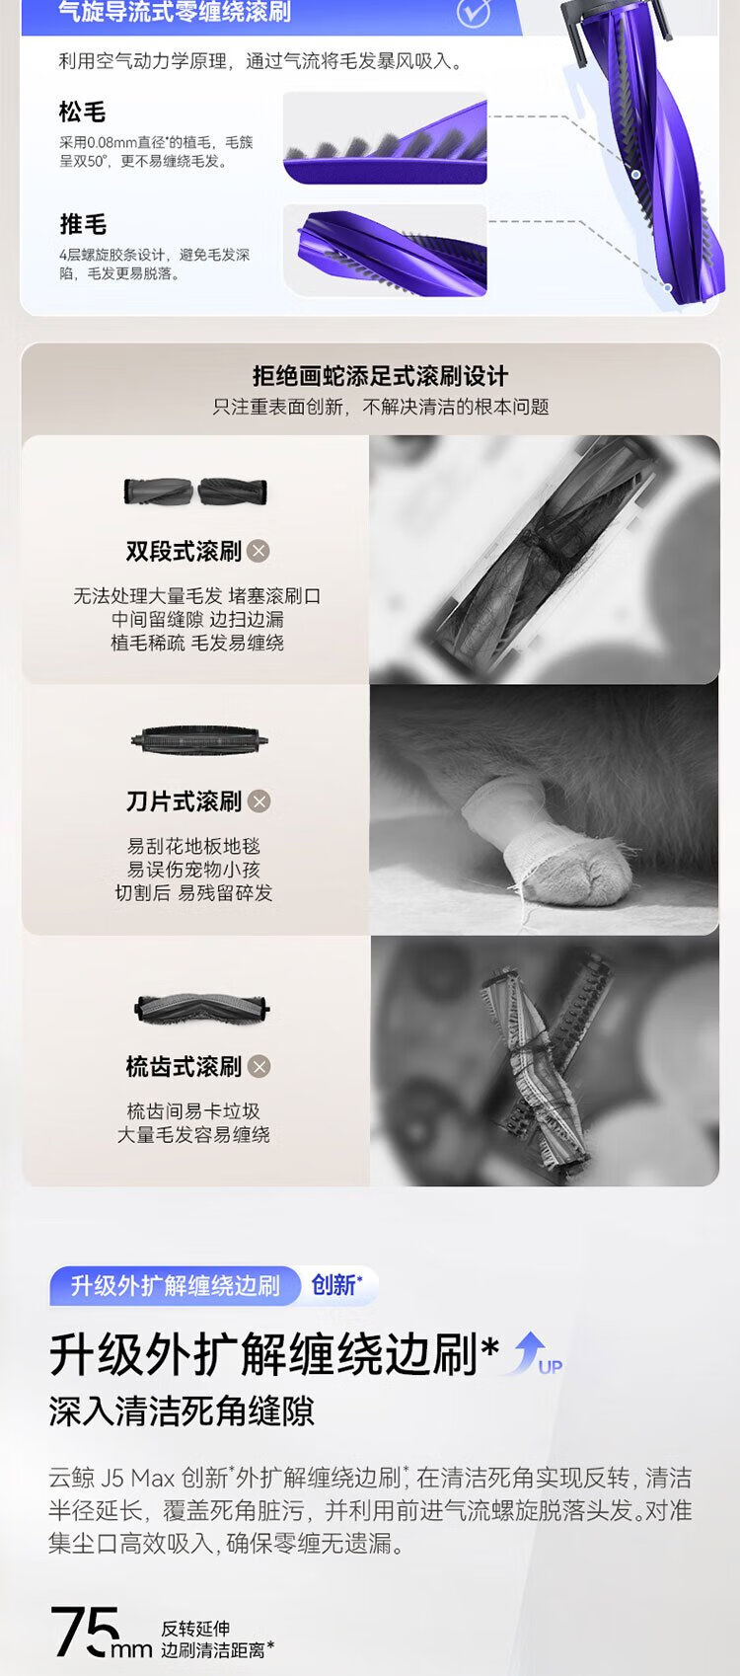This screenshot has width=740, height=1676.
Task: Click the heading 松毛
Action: tap(82, 113)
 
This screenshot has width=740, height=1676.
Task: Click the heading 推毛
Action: tap(82, 224)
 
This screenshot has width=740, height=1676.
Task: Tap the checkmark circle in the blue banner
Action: tap(474, 13)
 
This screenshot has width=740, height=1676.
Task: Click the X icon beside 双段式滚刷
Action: tap(259, 551)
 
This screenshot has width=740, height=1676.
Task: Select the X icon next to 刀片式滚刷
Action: tap(259, 801)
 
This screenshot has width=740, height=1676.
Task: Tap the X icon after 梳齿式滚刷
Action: tap(259, 1066)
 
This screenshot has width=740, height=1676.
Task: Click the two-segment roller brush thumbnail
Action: tap(195, 492)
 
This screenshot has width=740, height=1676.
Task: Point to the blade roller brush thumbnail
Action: tap(199, 740)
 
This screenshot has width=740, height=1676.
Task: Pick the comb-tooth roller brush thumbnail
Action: tap(202, 1008)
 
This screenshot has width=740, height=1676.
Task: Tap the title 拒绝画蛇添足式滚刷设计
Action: tap(380, 376)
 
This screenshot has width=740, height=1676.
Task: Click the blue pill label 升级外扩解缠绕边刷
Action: tap(175, 1285)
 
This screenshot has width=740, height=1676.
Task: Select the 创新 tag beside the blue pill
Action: tap(336, 1285)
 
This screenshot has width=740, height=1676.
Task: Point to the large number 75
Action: tap(84, 1631)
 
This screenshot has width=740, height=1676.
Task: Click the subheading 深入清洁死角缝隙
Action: tap(182, 1411)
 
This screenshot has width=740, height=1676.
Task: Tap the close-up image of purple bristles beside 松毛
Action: tap(386, 138)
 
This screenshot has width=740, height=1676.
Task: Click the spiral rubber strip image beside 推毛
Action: tap(386, 250)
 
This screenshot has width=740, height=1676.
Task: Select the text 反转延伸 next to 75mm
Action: tap(195, 1629)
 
